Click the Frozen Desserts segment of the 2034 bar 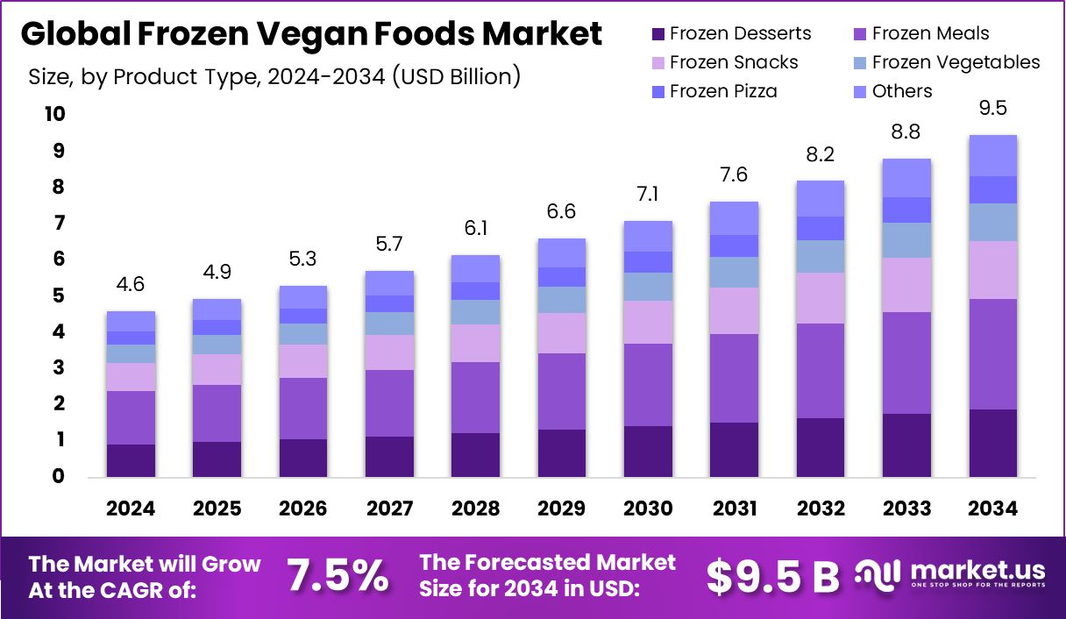(x=992, y=443)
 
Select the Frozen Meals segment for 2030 (x=648, y=385)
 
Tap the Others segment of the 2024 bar (x=131, y=321)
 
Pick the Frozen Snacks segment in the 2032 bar (x=820, y=298)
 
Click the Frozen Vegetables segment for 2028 (x=475, y=312)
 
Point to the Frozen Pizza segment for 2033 (x=906, y=210)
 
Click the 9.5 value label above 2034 (x=992, y=108)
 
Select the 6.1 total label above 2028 (x=475, y=228)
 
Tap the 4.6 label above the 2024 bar (x=131, y=284)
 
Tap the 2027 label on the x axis (x=389, y=509)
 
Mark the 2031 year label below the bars (x=734, y=509)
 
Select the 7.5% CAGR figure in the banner (x=338, y=576)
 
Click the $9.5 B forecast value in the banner (x=772, y=576)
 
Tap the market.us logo (x=951, y=573)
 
